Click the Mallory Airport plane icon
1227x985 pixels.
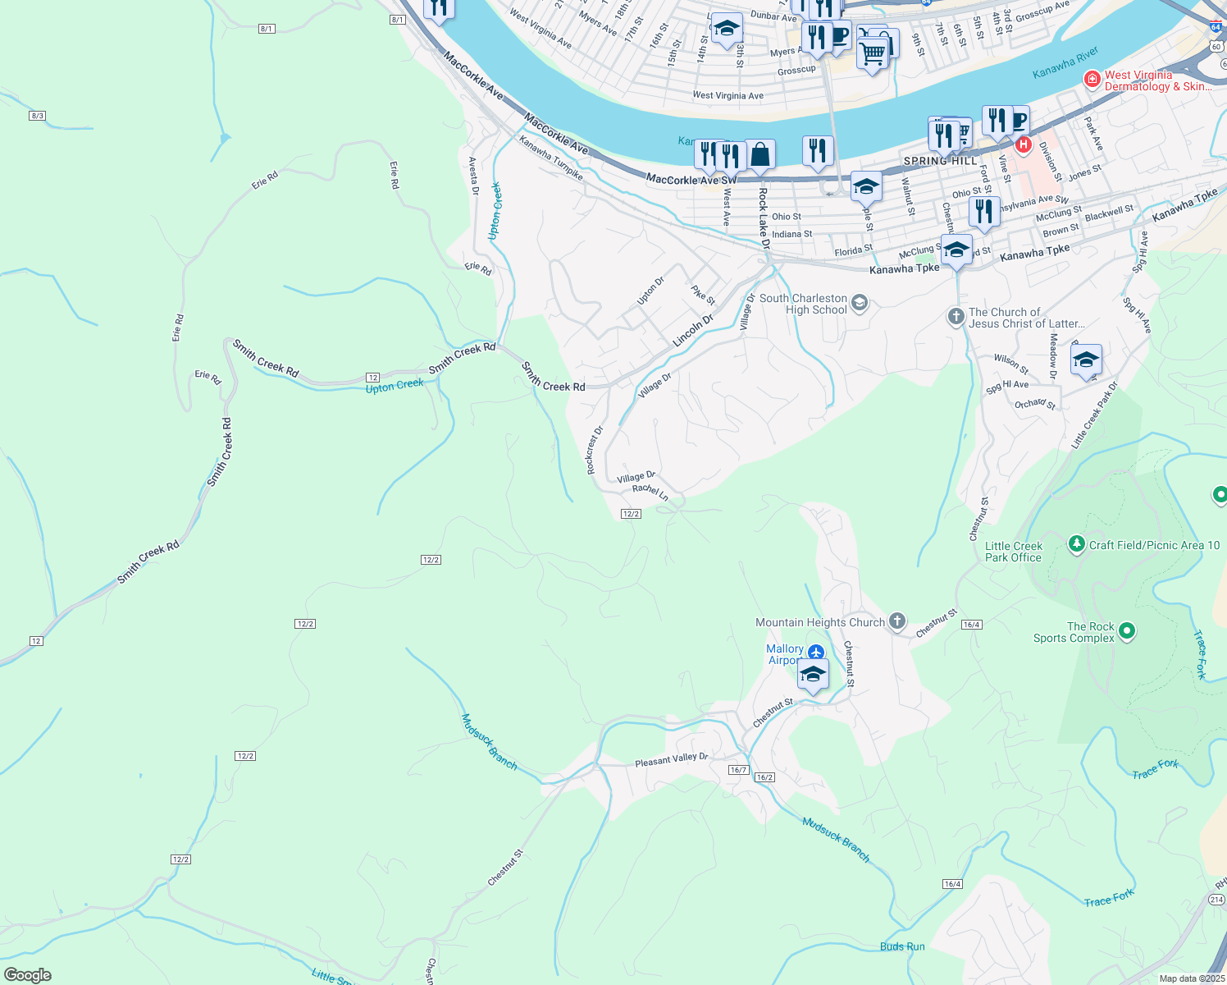[x=815, y=653]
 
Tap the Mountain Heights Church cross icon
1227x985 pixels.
[x=897, y=621]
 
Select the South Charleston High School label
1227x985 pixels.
[x=803, y=304]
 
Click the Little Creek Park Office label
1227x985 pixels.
[x=1013, y=552]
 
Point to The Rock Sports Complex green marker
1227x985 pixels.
[x=1127, y=631]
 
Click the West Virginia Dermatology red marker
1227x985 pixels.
[x=1092, y=79]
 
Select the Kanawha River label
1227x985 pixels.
[x=1065, y=62]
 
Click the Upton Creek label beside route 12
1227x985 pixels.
[x=395, y=385]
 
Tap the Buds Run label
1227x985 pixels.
[x=902, y=946]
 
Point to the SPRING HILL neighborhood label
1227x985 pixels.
[x=940, y=161]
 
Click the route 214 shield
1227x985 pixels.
[x=1216, y=900]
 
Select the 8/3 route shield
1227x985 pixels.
[x=37, y=116]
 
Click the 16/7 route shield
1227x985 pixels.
[x=738, y=770]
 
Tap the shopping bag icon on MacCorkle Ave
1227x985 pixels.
[x=760, y=153]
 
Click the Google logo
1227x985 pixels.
[x=28, y=975]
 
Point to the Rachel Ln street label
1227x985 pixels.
[x=650, y=492]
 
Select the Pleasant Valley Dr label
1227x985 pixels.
[x=671, y=761]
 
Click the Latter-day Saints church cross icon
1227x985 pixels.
[x=956, y=316]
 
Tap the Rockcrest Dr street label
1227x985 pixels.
[x=595, y=450]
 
